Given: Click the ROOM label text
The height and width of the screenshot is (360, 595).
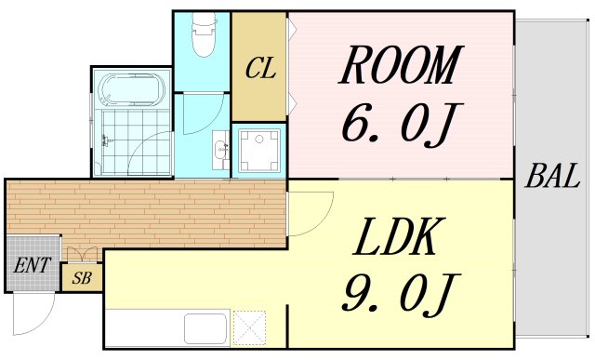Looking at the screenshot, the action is pyautogui.click(x=401, y=65).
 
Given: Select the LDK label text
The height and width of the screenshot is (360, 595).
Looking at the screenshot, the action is pyautogui.click(x=394, y=236).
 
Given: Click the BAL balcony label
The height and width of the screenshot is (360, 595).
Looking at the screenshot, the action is pyautogui.click(x=552, y=176).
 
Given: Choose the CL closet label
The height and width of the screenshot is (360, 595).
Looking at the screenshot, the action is pyautogui.click(x=260, y=68).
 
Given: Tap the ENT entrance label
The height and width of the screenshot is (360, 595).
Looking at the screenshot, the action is pyautogui.click(x=33, y=265).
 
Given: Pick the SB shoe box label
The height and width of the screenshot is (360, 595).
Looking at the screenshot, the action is pyautogui.click(x=82, y=278).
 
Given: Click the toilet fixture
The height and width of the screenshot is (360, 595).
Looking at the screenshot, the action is pyautogui.click(x=204, y=34).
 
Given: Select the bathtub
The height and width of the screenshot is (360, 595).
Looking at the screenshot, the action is pyautogui.click(x=132, y=90).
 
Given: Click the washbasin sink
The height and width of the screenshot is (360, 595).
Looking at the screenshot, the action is pyautogui.click(x=221, y=150).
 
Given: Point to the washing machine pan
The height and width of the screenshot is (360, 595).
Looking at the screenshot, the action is pyautogui.click(x=258, y=150).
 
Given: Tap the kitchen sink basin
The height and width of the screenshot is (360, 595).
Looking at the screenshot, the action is pyautogui.click(x=205, y=328).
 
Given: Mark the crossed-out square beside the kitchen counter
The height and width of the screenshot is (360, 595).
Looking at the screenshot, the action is pyautogui.click(x=249, y=327).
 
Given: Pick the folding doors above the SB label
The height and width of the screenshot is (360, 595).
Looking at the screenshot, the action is pyautogui.click(x=82, y=255).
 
